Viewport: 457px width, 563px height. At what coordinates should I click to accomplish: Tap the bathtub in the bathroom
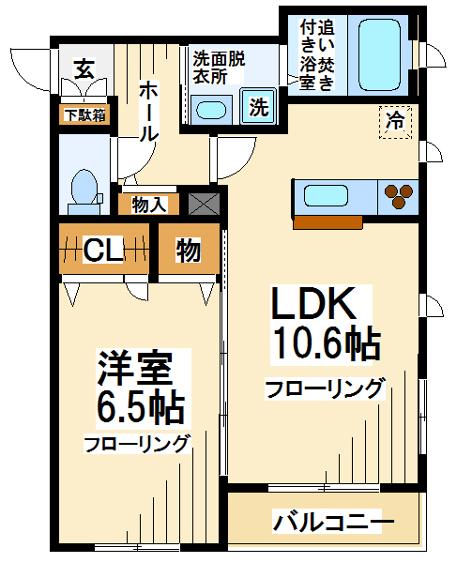tap(379, 54)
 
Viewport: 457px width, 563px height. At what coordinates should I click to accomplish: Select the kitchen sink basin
tap(326, 196)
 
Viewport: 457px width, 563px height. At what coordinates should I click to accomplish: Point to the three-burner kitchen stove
tap(398, 197)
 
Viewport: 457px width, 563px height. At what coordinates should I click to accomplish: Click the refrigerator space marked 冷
tap(395, 122)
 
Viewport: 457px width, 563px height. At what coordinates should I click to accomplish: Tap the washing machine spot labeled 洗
tap(258, 107)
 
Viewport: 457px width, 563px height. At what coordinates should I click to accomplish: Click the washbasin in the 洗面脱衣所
tap(211, 110)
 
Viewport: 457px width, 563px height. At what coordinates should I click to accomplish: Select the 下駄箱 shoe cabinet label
tap(85, 115)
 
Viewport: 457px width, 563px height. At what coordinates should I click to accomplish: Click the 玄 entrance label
tap(84, 69)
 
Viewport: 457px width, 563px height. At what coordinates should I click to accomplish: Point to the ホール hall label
tap(148, 112)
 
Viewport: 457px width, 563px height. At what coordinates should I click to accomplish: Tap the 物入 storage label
tap(149, 205)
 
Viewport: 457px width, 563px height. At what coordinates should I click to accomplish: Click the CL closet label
tap(103, 250)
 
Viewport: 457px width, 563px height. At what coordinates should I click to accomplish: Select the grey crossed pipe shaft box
tap(205, 204)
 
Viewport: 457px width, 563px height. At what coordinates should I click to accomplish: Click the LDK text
tap(314, 303)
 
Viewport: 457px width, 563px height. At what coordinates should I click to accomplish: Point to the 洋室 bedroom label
tap(136, 369)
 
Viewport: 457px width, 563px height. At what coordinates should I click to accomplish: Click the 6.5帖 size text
tap(141, 408)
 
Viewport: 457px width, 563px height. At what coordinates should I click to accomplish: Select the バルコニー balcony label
tap(333, 521)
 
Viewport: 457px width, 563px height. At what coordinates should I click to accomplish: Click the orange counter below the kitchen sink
tap(328, 222)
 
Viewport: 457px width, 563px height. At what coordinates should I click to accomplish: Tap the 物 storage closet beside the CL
tap(189, 250)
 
